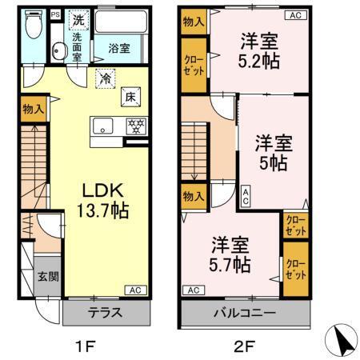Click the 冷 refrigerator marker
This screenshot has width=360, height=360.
coord(106,78)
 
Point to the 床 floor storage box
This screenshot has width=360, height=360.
coord(129,97)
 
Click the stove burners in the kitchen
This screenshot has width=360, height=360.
coord(136,126)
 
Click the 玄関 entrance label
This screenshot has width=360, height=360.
coord(46,278)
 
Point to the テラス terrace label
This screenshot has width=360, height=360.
coord(106,313)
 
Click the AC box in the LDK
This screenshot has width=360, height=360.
coord(135,290)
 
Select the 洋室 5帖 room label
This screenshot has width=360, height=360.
coord(273,152)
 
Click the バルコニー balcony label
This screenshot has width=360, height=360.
coord(245,313)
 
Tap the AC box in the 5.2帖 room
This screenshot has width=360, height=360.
coord(294,15)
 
